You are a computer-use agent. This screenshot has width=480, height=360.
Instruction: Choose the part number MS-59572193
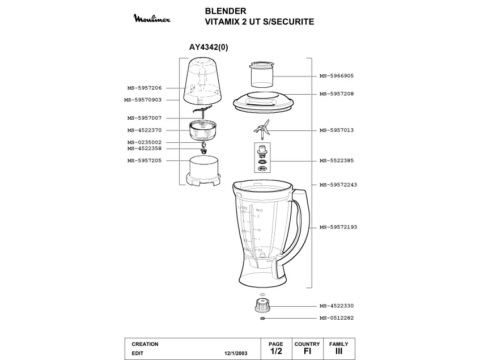coord(338,227)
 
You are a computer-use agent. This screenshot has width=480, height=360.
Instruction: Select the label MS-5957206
coord(145,88)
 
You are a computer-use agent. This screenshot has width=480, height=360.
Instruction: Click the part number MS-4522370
coord(145,130)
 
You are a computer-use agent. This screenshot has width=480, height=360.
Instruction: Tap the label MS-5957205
coord(145,160)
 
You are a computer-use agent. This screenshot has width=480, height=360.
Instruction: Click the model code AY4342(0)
coord(209,48)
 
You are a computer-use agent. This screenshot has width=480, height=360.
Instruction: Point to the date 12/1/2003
coord(236,353)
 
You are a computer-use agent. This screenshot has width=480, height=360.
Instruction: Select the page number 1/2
coord(277,351)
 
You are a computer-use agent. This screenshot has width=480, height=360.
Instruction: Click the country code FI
coord(307,351)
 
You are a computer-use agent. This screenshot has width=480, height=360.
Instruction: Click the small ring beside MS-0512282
coord(262,318)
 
